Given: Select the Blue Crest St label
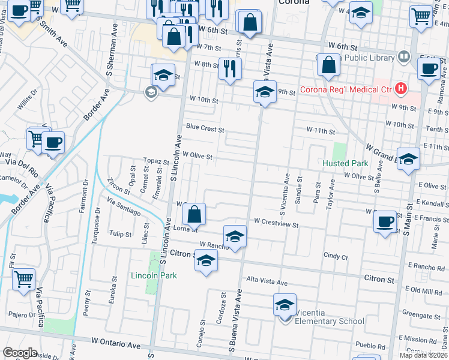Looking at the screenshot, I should pos(205,128).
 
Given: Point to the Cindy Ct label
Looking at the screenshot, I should pos(336,256).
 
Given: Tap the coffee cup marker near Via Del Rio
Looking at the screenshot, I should pos(53,143).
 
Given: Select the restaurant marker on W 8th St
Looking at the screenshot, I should pos(230,68).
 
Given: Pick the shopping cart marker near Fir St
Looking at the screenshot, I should pos(23,279).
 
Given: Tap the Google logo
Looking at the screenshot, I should pos(20,353).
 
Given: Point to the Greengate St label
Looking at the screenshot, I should pos(422,313).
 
